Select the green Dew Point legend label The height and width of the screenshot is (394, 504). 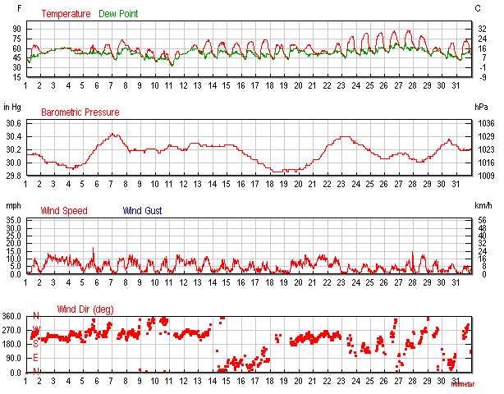[x=118, y=14]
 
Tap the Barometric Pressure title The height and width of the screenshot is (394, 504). [x=80, y=112]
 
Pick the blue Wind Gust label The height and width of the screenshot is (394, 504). [x=143, y=211]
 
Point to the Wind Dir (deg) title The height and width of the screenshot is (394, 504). [x=85, y=309]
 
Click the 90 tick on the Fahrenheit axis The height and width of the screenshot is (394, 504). [x=16, y=28]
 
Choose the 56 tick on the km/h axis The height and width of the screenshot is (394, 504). [x=479, y=221]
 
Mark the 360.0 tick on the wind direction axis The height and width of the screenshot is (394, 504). [x=12, y=316]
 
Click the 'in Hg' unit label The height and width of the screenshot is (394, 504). [x=12, y=107]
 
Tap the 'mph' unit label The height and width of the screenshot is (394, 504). [x=12, y=205]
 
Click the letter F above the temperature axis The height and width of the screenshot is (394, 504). [x=8, y=8]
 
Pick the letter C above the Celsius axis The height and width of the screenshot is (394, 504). [x=478, y=8]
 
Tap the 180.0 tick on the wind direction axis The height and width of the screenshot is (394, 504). [x=12, y=344]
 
